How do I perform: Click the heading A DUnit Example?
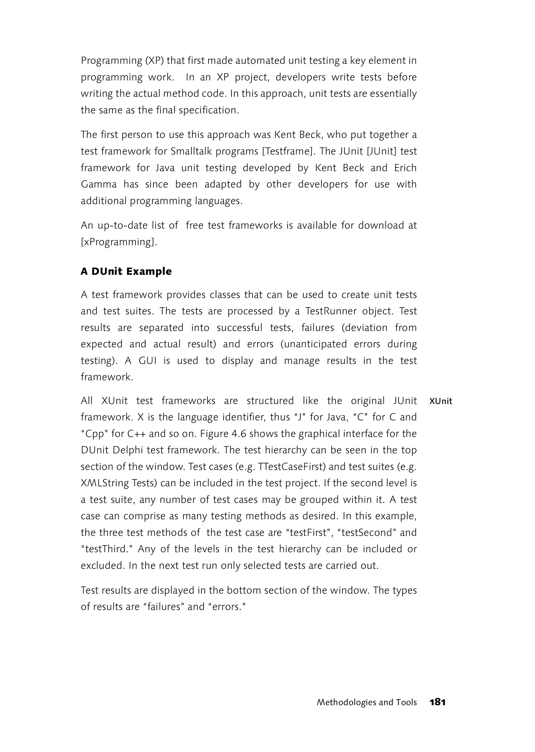point(126,271)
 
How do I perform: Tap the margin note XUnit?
point(441,401)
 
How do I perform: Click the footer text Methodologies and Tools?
point(367,702)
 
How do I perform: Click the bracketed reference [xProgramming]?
point(119,242)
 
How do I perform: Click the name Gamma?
point(99,184)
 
